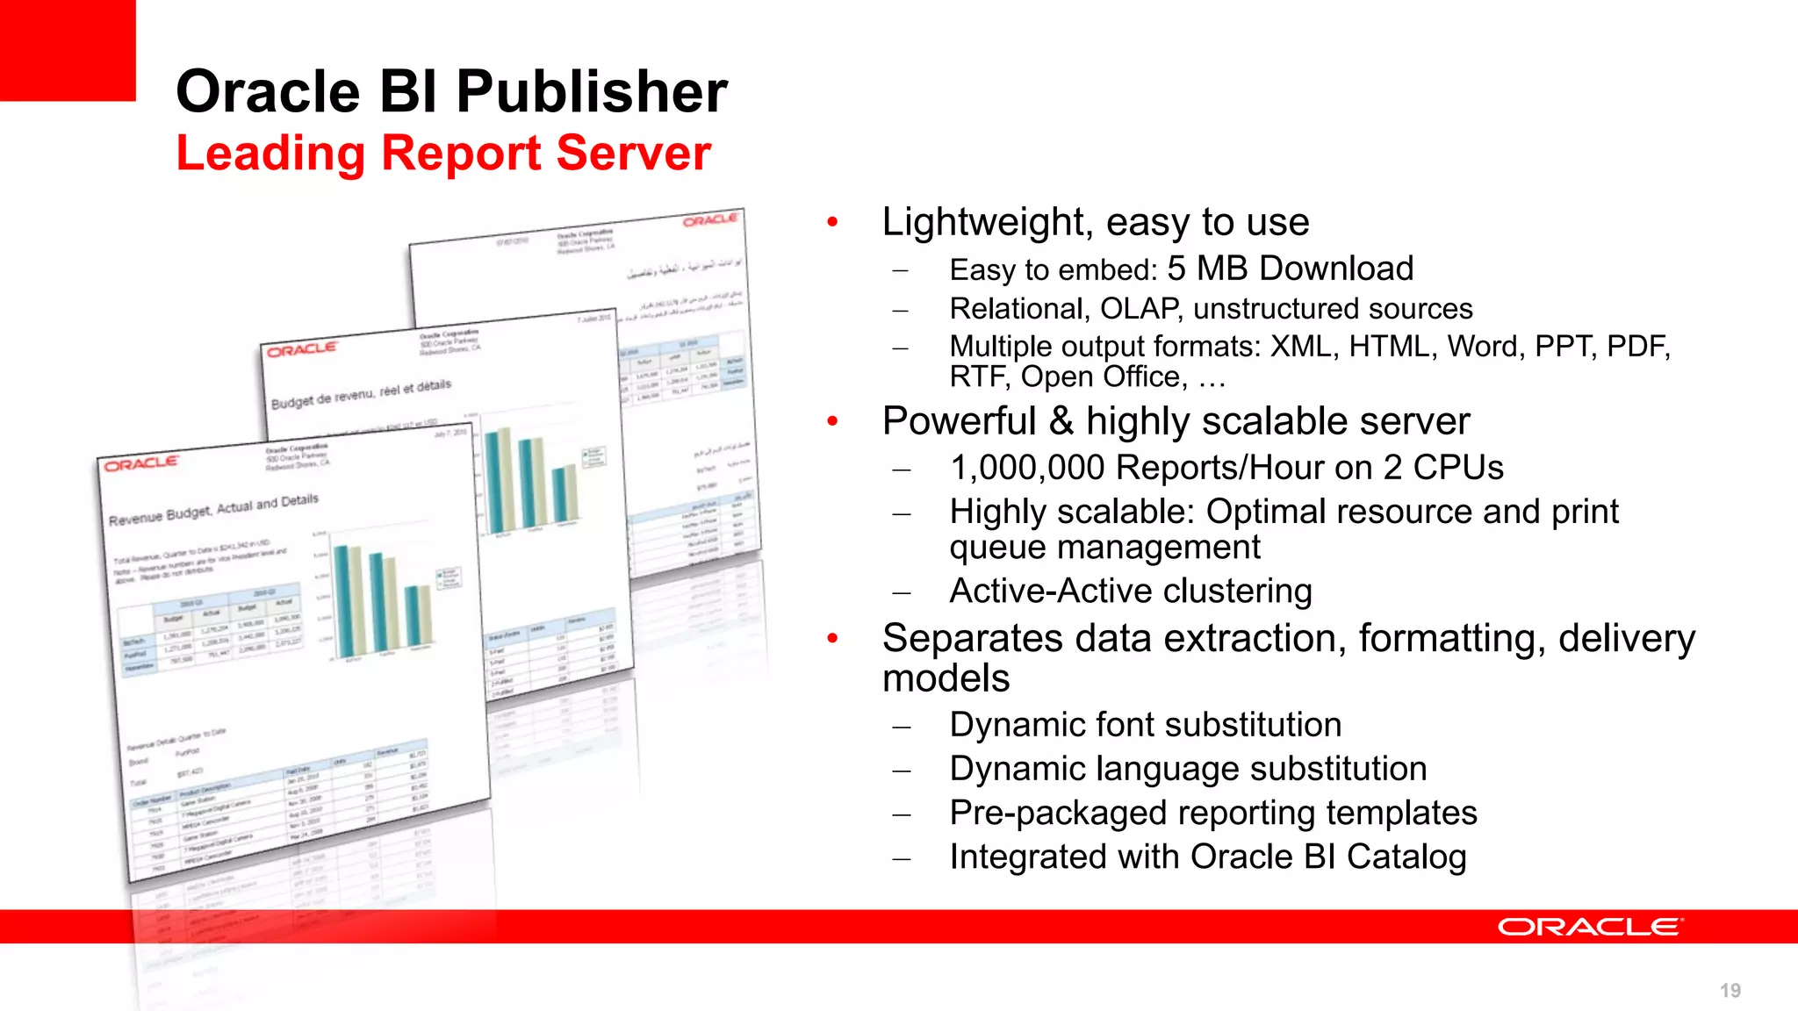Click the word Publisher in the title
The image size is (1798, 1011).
pyautogui.click(x=592, y=92)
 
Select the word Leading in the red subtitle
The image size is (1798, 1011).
pyautogui.click(x=270, y=154)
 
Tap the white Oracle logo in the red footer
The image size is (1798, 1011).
pyautogui.click(x=1590, y=927)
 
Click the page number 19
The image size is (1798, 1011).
pyautogui.click(x=1730, y=991)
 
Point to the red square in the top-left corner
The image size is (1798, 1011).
pyautogui.click(x=67, y=49)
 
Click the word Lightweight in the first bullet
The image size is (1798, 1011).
pyautogui.click(x=985, y=223)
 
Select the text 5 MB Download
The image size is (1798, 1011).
pyautogui.click(x=1290, y=269)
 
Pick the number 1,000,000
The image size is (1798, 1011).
pyautogui.click(x=1029, y=468)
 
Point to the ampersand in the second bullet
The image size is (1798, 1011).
pyautogui.click(x=1061, y=421)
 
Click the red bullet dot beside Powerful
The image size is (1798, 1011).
pyautogui.click(x=832, y=422)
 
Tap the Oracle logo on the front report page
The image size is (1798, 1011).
pyautogui.click(x=140, y=463)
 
